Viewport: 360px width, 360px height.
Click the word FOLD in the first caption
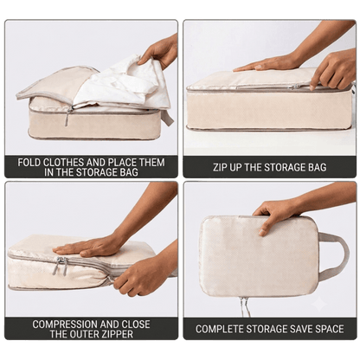(29, 163)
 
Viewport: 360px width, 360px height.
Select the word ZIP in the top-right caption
(220, 167)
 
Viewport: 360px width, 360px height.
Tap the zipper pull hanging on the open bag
(67, 117)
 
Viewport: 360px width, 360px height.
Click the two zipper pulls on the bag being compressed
(61, 266)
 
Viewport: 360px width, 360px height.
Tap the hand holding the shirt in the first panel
(158, 54)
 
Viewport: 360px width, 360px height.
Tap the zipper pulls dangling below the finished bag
(244, 306)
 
